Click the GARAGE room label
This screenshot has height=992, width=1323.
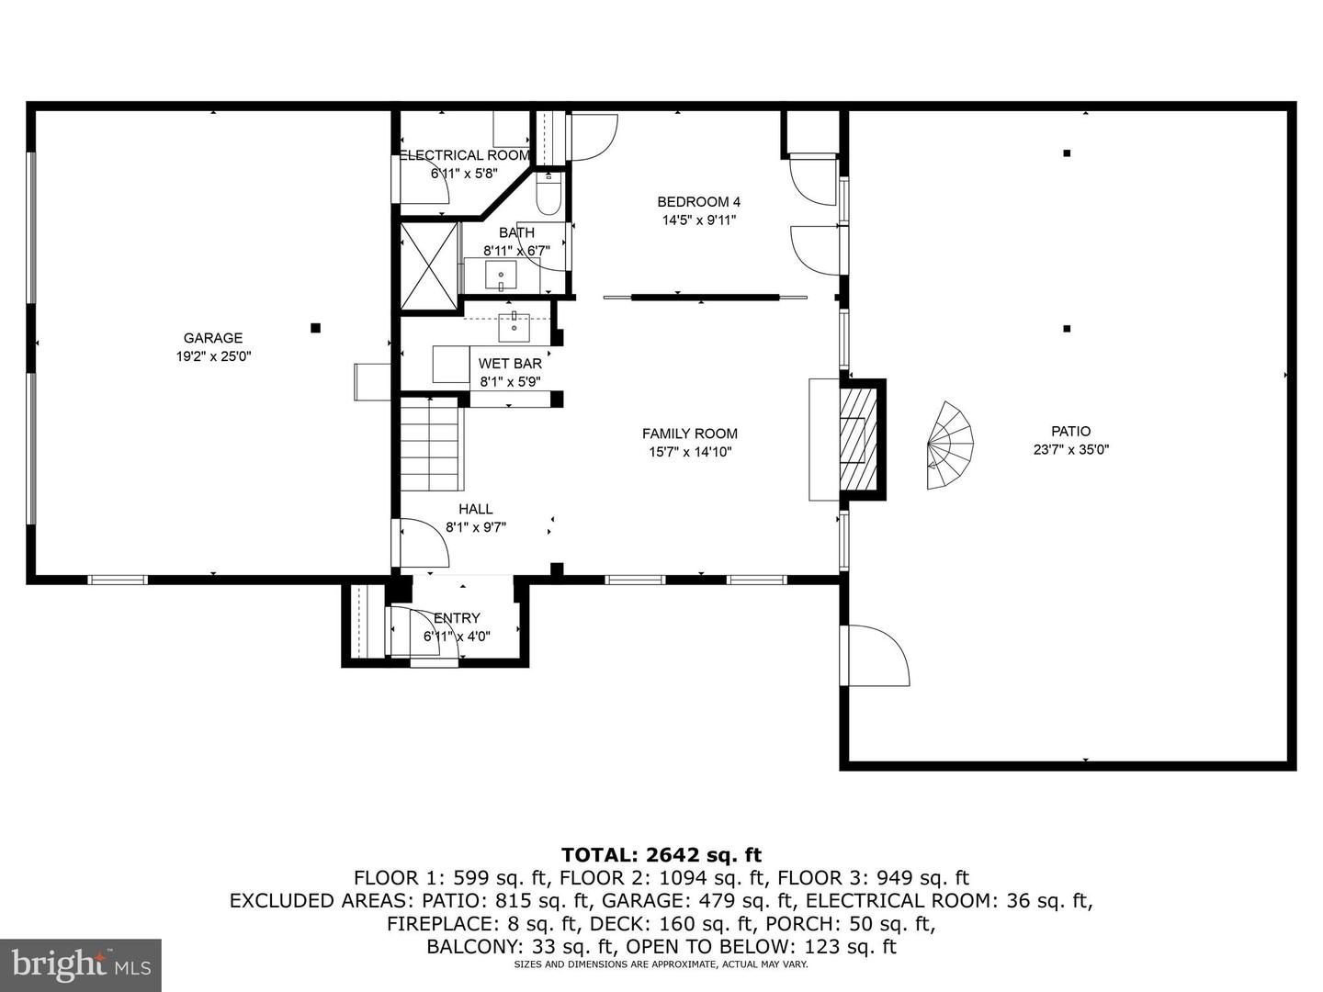click(x=213, y=338)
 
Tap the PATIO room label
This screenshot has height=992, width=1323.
click(x=1071, y=432)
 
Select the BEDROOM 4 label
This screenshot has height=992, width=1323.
click(x=698, y=202)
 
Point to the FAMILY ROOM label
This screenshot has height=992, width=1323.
click(x=690, y=434)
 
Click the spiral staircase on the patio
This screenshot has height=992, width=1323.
click(x=950, y=445)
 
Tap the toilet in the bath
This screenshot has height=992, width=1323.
click(x=548, y=194)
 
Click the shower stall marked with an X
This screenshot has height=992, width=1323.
click(x=428, y=265)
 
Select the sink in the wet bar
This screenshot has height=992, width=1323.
click(x=514, y=327)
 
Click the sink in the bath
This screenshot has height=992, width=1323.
click(x=501, y=276)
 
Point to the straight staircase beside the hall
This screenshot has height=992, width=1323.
click(x=430, y=444)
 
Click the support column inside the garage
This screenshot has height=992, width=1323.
click(x=315, y=328)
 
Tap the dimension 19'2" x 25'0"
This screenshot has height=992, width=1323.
click(x=213, y=356)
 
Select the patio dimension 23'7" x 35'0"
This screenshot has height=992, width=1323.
click(x=1071, y=450)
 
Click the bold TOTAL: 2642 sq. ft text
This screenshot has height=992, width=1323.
click(x=661, y=854)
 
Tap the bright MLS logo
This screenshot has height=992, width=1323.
click(x=81, y=964)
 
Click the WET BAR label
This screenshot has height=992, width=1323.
click(x=510, y=364)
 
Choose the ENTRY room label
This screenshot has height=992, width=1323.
click(x=457, y=618)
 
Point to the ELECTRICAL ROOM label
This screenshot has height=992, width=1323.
click(x=464, y=155)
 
